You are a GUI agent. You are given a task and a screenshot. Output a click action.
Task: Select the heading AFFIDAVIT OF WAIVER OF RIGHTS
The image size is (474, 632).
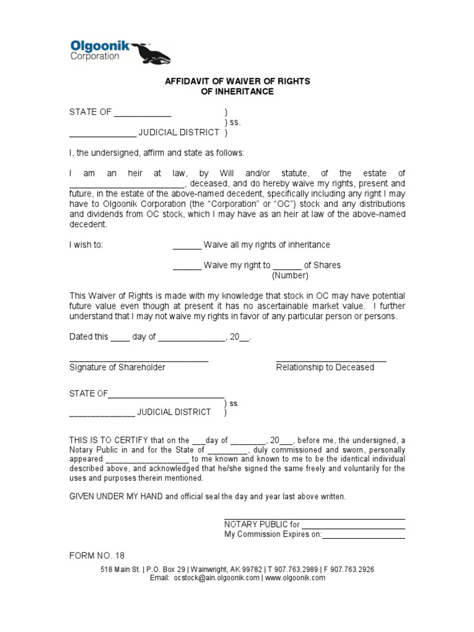[237, 81]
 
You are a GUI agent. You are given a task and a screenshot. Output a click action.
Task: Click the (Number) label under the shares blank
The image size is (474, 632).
[290, 275]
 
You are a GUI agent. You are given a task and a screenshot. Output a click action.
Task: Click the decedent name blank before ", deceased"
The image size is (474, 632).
[126, 185]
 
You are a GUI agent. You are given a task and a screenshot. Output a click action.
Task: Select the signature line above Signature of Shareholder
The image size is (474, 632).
[138, 359]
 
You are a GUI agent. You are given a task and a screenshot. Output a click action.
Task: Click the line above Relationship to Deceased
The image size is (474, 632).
[331, 359]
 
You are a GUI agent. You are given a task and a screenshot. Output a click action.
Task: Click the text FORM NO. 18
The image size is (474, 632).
[97, 555]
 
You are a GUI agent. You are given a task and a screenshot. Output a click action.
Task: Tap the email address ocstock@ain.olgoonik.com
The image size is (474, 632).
[216, 578]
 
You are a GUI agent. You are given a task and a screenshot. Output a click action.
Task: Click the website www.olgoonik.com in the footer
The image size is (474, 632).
[295, 578]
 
